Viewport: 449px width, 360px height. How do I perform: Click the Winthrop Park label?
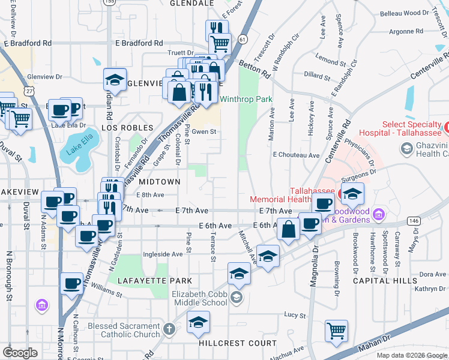(x=246, y=99)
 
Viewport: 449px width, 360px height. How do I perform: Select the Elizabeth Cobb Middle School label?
(x=199, y=298)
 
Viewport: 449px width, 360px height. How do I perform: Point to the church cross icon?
(x=170, y=329)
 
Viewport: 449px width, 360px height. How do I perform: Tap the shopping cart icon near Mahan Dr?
(x=336, y=331)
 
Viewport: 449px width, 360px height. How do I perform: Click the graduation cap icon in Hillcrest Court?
(x=198, y=323)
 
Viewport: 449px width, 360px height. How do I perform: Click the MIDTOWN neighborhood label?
(x=160, y=181)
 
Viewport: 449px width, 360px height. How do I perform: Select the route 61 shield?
(x=242, y=39)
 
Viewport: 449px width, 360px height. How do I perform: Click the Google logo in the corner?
(x=20, y=352)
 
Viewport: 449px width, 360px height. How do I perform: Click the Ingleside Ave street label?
(x=161, y=254)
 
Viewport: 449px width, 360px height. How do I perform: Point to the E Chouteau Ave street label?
(x=296, y=155)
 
